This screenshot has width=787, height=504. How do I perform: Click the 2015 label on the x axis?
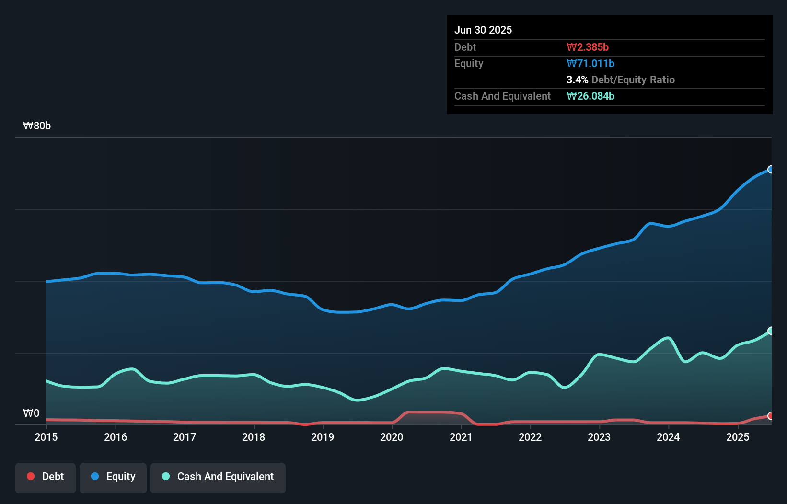(46, 437)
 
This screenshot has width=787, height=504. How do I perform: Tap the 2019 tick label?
(323, 437)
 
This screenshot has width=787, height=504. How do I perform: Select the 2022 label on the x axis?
(530, 437)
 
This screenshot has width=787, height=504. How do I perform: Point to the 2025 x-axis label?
(738, 437)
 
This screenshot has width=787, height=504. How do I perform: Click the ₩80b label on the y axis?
(37, 126)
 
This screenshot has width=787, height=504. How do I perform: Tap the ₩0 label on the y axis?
(31, 413)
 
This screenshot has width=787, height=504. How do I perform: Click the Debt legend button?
(46, 477)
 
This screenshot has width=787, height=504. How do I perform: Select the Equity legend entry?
(113, 477)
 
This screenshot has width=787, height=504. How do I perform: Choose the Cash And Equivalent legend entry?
(218, 477)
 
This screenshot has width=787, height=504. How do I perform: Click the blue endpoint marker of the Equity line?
(770, 170)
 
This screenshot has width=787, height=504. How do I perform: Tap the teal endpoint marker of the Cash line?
(770, 331)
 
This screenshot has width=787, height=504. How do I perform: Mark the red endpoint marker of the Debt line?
(770, 416)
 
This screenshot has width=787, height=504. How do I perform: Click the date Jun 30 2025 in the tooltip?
(483, 30)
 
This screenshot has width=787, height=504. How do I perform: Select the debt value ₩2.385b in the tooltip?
(588, 47)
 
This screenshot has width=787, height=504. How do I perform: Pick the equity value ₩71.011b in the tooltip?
(590, 63)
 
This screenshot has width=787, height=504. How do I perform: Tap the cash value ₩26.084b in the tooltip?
(590, 96)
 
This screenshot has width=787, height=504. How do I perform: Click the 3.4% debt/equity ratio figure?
(577, 80)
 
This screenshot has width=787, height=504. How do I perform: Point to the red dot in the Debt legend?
(31, 476)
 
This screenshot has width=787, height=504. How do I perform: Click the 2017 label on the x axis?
(185, 437)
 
